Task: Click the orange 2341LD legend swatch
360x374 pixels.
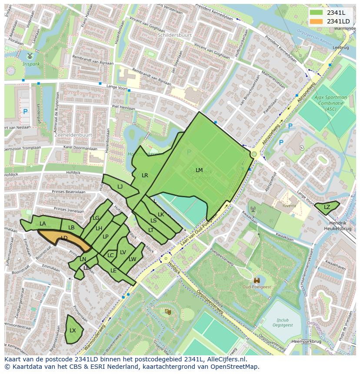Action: pyautogui.click(x=317, y=21)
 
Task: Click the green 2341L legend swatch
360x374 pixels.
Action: pyautogui.click(x=317, y=13)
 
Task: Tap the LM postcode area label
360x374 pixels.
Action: pyautogui.click(x=199, y=170)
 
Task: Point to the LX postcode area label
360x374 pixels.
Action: pyautogui.click(x=73, y=330)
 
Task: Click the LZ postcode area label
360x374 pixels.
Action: pyautogui.click(x=327, y=207)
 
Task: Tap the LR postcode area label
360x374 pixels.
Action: pyautogui.click(x=145, y=175)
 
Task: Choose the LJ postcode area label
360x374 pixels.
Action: pyautogui.click(x=120, y=186)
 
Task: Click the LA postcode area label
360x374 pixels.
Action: pyautogui.click(x=43, y=224)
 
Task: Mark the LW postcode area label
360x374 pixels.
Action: pyautogui.click(x=133, y=259)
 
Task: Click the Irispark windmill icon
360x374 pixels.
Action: pyautogui.click(x=30, y=56)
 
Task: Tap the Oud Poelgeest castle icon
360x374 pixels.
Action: pyautogui.click(x=257, y=281)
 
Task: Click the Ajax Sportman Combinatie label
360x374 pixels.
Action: pyautogui.click(x=331, y=103)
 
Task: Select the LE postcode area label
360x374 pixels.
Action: pyautogui.click(x=113, y=270)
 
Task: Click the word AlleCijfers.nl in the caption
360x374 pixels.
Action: pyautogui.click(x=225, y=360)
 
